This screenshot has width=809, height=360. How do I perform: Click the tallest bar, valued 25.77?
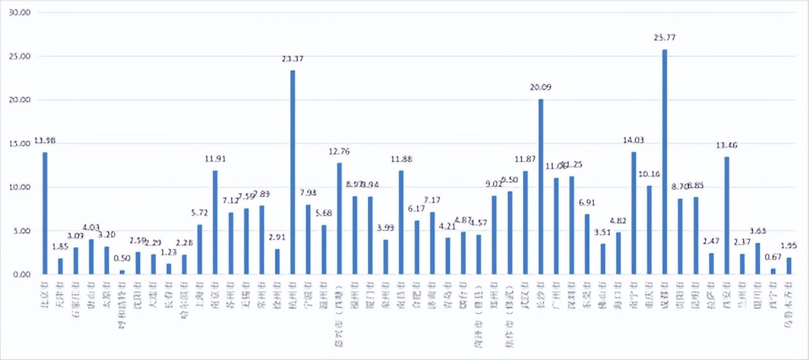(x=665, y=162)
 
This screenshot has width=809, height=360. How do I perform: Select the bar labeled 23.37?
(x=293, y=172)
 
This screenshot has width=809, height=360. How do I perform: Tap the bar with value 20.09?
(x=541, y=187)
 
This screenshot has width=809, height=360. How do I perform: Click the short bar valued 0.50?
(x=122, y=272)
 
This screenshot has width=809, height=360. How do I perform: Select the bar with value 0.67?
(x=773, y=271)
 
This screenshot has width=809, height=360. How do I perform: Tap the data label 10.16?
(x=649, y=175)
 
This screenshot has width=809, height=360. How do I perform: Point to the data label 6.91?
(x=587, y=201)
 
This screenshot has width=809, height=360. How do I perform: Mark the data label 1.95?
(x=789, y=246)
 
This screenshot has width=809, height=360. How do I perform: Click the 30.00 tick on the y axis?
(x=21, y=12)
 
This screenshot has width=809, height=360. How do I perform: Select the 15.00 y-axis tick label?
(x=21, y=143)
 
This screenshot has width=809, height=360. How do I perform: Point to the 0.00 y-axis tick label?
(x=23, y=274)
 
